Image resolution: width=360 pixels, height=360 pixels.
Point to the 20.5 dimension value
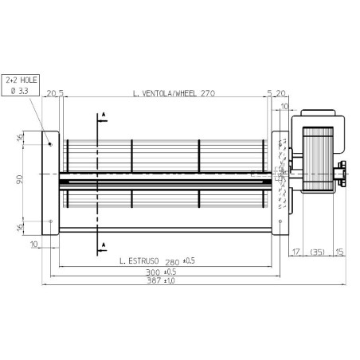(54, 93)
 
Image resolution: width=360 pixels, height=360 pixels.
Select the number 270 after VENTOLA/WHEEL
(209, 93)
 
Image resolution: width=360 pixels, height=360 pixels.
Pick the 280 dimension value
(174, 260)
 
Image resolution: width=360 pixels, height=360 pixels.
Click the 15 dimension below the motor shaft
(339, 253)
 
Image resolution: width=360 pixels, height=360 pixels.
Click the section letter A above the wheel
(103, 116)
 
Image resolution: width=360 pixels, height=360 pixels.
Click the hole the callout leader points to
(50, 144)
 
